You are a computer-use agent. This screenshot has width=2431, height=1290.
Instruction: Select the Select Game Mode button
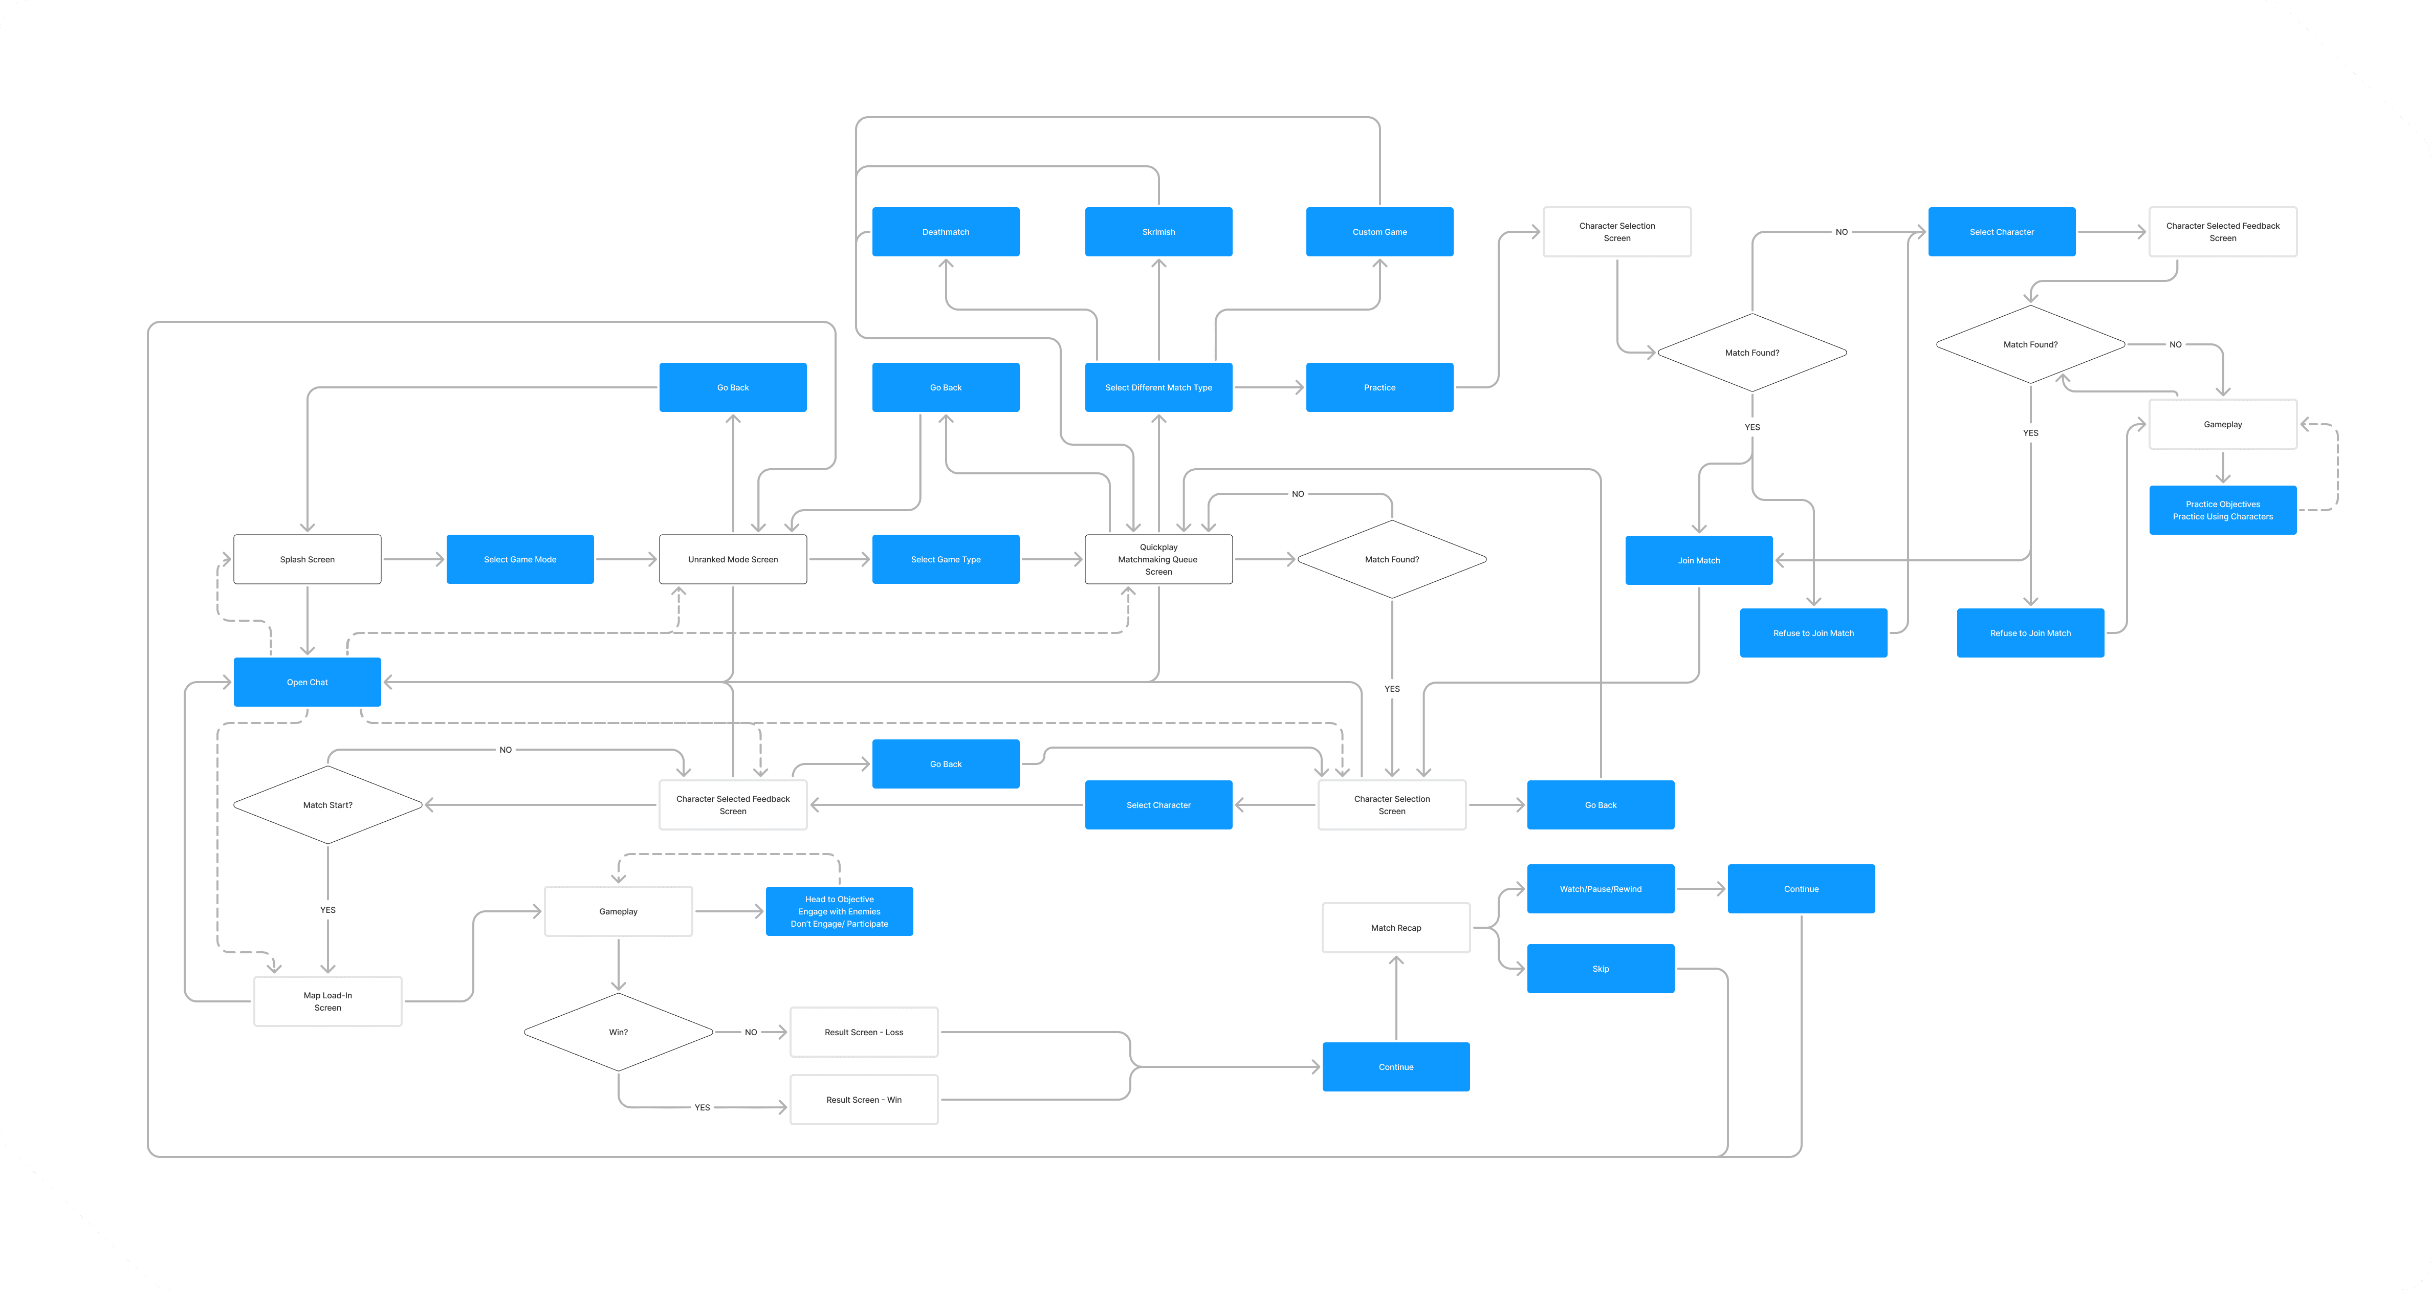tap(520, 560)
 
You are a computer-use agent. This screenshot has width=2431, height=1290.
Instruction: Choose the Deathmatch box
tap(946, 232)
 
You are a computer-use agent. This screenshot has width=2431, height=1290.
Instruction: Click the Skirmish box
tap(1159, 232)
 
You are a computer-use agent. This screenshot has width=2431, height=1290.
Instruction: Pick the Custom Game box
tap(1379, 232)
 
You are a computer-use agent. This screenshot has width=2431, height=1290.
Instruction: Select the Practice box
tap(1379, 388)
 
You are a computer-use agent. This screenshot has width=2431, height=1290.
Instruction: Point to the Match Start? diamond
tap(327, 805)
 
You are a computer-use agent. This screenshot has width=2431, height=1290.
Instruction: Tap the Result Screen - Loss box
tap(864, 1033)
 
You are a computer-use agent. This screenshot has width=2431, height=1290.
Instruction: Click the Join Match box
tap(1699, 560)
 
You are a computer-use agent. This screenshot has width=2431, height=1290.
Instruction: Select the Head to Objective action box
tap(839, 911)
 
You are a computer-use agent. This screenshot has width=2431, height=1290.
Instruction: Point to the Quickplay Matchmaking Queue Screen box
tap(1159, 560)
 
